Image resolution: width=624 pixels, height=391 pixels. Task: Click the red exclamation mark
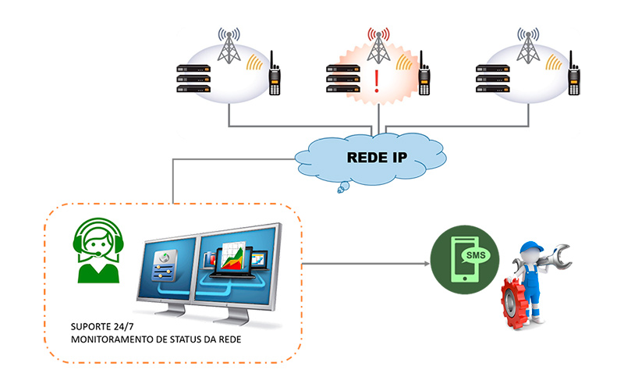(x=378, y=81)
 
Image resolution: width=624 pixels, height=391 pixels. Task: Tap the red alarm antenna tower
(x=379, y=48)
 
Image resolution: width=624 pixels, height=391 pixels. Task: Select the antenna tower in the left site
(x=229, y=48)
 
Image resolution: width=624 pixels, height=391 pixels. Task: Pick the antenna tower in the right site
(x=529, y=48)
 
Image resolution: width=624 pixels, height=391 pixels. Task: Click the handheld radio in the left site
(x=275, y=75)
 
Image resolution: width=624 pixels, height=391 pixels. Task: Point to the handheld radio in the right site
(x=574, y=75)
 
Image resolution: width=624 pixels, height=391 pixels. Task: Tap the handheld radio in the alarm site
(x=424, y=75)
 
